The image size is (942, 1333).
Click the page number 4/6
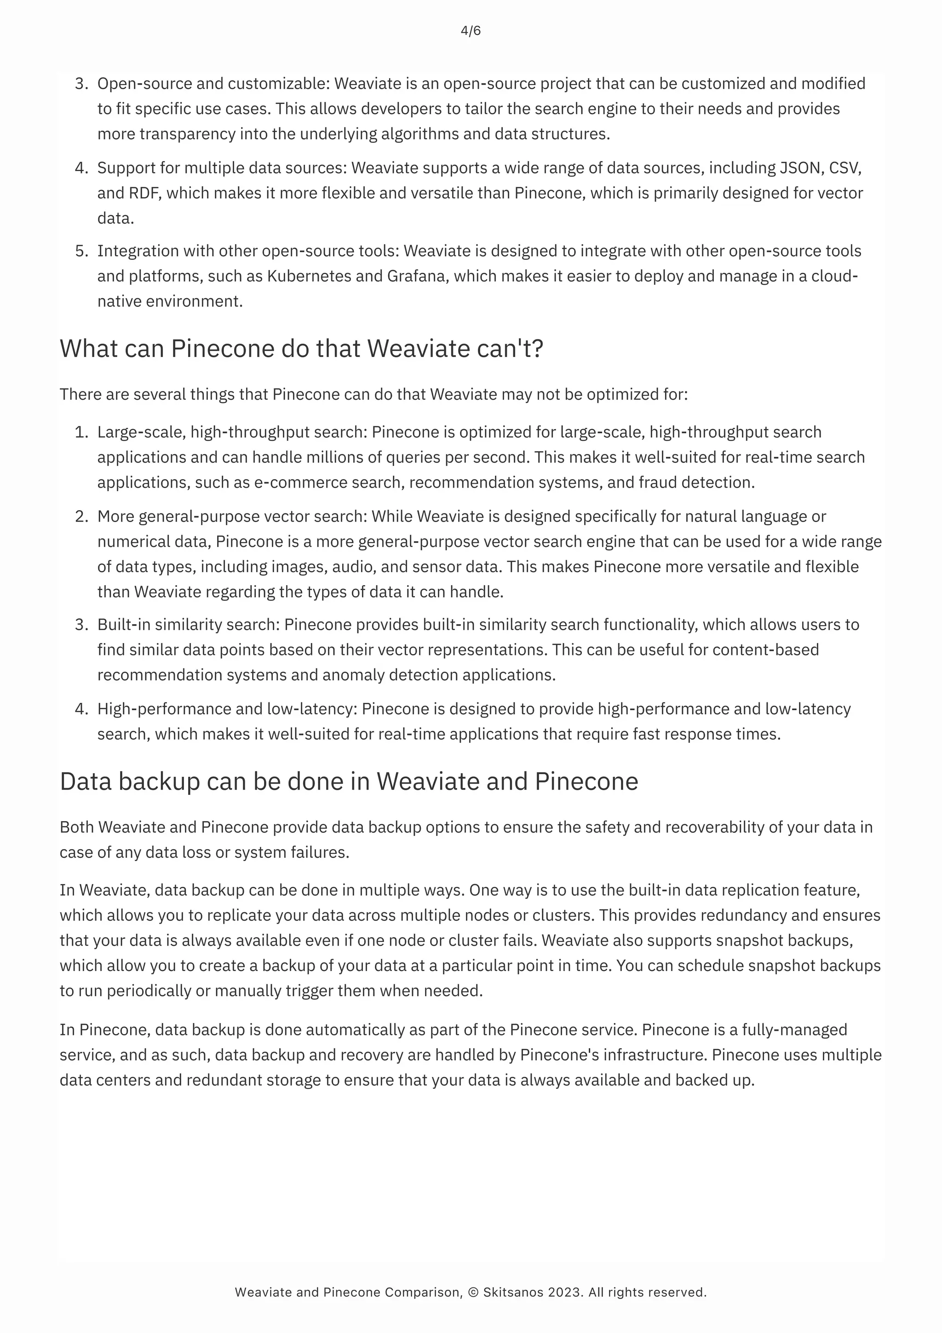tap(471, 31)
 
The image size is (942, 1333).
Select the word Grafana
tap(417, 276)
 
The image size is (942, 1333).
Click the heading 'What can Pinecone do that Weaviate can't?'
tap(301, 348)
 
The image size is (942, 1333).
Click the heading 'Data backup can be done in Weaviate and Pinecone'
tap(349, 781)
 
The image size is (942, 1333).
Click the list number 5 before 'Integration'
tap(80, 251)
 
